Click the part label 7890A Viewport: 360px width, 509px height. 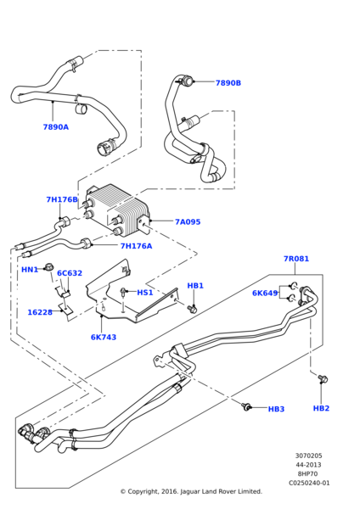coord(55,127)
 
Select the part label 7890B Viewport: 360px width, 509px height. coord(228,83)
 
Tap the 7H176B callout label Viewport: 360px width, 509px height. coord(62,200)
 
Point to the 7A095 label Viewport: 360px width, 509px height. coord(188,222)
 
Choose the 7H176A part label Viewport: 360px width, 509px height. coord(136,246)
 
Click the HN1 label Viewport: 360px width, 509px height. coord(30,270)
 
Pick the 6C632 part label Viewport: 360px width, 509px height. coord(70,273)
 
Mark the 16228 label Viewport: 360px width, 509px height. coord(40,312)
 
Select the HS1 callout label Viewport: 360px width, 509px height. coord(145,293)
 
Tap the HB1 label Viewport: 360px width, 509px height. coord(195,286)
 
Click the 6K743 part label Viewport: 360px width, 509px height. coord(104,337)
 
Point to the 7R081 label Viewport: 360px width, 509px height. coord(296,259)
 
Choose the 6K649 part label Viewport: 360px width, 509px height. coord(265,293)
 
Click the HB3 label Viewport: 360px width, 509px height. coord(276,409)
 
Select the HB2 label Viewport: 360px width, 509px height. coord(321,408)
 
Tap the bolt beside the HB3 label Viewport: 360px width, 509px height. coord(247,407)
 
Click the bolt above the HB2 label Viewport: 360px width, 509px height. coord(323,379)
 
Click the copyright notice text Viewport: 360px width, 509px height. coord(191,491)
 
